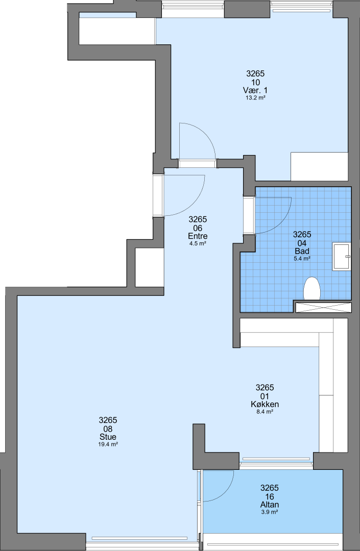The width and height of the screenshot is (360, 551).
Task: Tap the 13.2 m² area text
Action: point(255,98)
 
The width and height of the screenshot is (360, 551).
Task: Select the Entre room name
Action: point(198,236)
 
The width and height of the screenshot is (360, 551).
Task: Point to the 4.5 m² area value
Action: point(198,243)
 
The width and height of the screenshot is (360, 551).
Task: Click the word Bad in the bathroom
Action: point(302,251)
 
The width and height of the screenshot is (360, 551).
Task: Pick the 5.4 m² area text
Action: point(302,259)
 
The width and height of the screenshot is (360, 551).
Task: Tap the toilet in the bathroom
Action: point(312,289)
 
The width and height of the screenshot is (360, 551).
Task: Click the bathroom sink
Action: point(342,256)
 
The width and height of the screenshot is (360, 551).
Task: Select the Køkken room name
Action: point(265,405)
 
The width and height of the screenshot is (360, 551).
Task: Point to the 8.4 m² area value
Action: point(265,412)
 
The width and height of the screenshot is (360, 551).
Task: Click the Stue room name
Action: point(108,437)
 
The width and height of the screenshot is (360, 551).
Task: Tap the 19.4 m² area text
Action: point(108,444)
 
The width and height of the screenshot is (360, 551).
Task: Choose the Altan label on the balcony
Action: point(269,505)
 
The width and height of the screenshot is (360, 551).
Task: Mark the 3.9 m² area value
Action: point(269,512)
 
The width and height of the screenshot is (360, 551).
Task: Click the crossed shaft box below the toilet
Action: point(323,307)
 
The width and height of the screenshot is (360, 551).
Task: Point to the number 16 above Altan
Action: point(269,496)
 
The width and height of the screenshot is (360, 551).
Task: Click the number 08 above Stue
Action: point(108,429)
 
